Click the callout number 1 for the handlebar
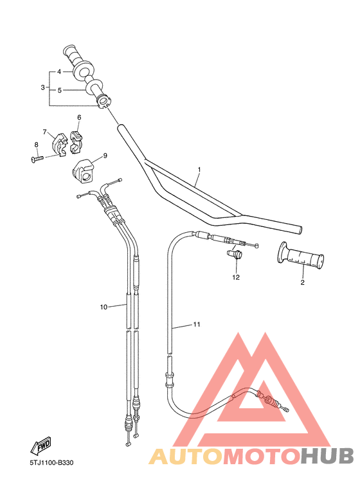click(199, 170)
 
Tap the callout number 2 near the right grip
click(302, 282)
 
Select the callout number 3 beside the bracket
click(42, 87)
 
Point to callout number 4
click(59, 71)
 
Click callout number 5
click(59, 90)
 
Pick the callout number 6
click(79, 118)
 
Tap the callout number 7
click(45, 132)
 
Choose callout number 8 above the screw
click(36, 145)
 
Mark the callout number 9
click(105, 155)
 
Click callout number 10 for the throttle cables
click(104, 307)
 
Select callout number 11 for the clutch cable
click(197, 325)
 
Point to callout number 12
click(236, 278)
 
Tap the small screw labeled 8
click(37, 158)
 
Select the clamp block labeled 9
click(82, 170)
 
